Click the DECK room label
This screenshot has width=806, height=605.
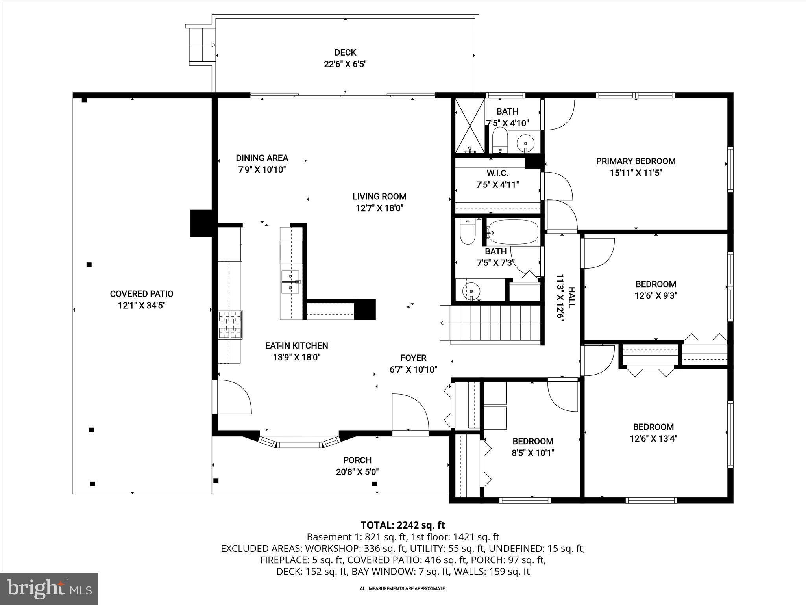tap(345, 52)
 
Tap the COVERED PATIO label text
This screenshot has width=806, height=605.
tap(141, 294)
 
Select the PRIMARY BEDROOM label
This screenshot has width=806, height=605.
tap(636, 161)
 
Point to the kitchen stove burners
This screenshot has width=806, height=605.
tap(230, 325)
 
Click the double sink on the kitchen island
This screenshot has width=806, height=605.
tap(290, 282)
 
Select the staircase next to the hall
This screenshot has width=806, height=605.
tap(492, 323)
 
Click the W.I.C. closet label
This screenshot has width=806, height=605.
tap(497, 173)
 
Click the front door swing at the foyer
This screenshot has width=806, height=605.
tap(409, 414)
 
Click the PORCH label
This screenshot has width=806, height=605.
tap(357, 460)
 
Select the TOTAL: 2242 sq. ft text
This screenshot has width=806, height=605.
tap(403, 525)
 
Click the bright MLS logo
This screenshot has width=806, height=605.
tap(49, 588)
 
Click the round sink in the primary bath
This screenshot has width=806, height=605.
tap(525, 141)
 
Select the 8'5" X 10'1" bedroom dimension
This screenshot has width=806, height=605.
tap(533, 453)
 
